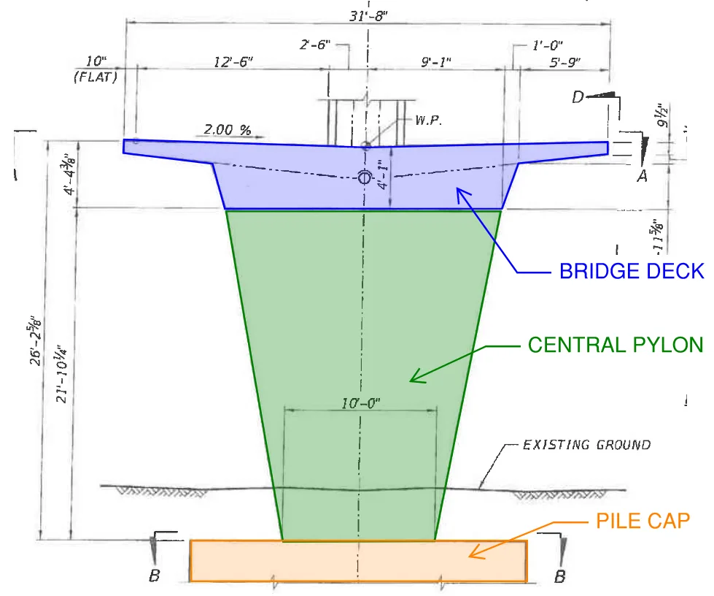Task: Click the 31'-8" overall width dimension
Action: tap(368, 16)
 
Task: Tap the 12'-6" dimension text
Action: tap(233, 61)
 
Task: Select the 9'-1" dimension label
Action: tap(436, 61)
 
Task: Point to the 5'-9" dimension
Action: tap(564, 62)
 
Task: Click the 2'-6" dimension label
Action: tap(314, 45)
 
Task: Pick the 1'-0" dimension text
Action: tap(547, 45)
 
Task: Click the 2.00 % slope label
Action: tap(228, 130)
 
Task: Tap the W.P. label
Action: tap(429, 121)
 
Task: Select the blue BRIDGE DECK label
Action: tap(632, 271)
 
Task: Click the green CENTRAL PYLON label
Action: tap(616, 345)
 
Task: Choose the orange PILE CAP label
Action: tap(643, 521)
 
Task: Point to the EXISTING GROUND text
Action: tap(586, 445)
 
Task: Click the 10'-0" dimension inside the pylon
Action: tap(360, 403)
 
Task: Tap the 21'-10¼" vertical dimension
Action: tap(61, 374)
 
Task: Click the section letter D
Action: tap(578, 97)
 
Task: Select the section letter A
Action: tap(642, 175)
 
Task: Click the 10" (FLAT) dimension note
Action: tap(96, 69)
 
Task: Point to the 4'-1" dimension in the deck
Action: tap(384, 174)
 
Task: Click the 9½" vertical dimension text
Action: tap(662, 115)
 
